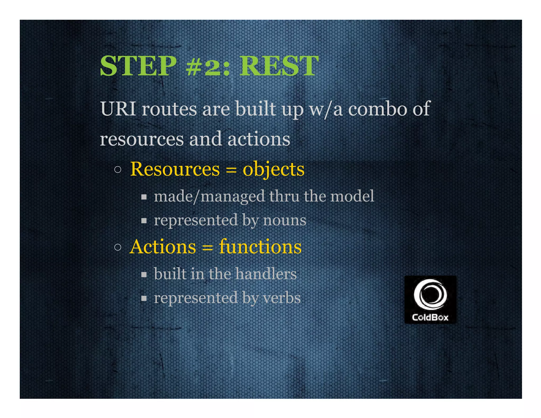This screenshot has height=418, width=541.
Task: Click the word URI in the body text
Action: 118,109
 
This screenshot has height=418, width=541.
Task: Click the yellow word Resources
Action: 175,169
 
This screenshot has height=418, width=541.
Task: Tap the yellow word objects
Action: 273,170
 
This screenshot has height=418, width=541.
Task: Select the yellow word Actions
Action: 163,247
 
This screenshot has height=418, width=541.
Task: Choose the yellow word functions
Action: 260,247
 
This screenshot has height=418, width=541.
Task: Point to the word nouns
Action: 285,220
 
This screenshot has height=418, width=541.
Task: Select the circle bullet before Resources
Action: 118,169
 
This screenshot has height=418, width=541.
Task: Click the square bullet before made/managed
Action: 144,197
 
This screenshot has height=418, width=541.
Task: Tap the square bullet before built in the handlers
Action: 144,275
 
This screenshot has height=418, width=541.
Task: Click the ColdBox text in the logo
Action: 430,317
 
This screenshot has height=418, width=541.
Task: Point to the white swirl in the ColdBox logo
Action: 430,294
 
